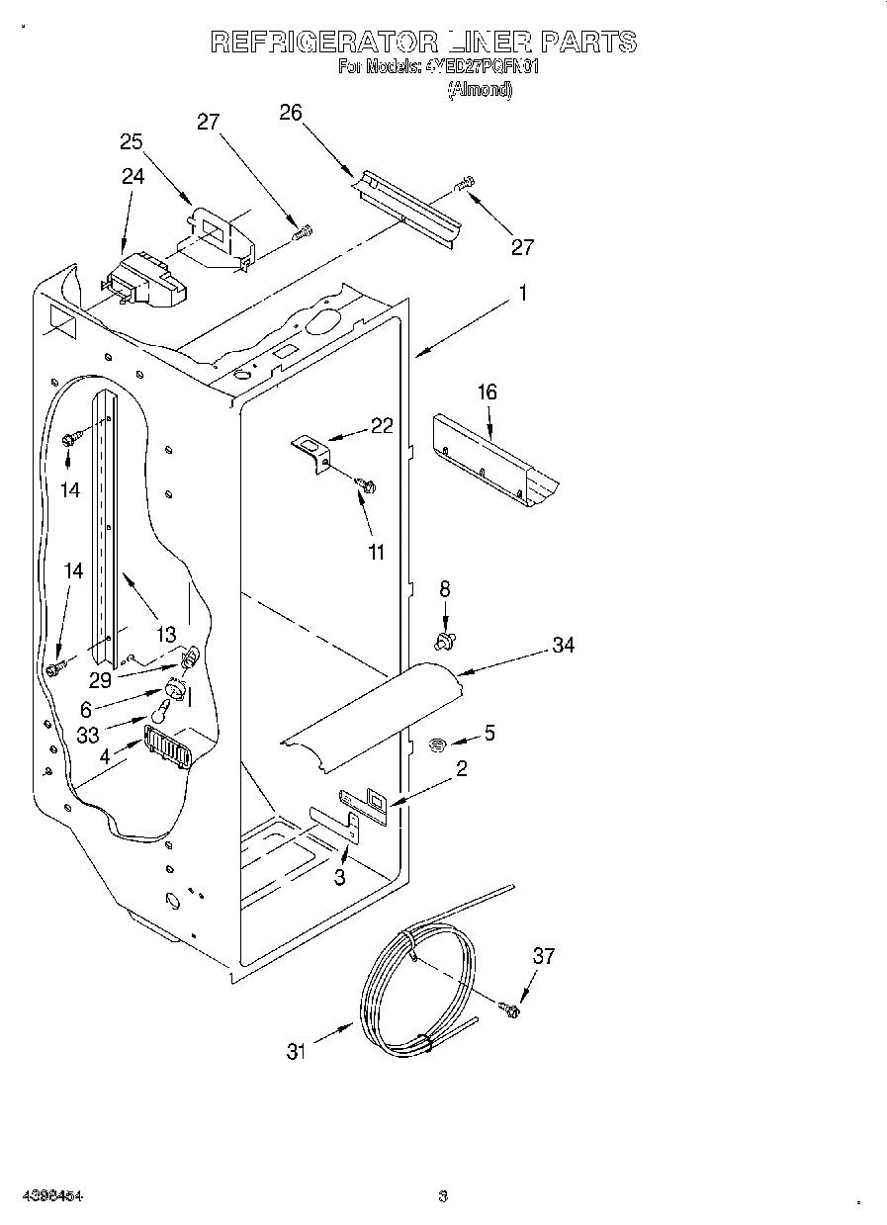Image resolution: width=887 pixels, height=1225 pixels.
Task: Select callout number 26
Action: click(x=291, y=113)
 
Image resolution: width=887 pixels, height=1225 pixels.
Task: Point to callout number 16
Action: click(x=487, y=393)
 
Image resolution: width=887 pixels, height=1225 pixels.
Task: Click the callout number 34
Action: click(x=564, y=646)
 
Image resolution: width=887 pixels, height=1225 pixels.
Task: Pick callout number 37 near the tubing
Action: click(x=544, y=955)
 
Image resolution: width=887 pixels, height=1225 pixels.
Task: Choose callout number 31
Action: click(x=297, y=1053)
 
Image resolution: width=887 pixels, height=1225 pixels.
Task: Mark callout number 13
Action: click(x=165, y=634)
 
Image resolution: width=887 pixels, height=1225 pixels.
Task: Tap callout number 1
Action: click(x=523, y=293)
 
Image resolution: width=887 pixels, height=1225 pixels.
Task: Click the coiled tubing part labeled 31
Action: click(x=415, y=989)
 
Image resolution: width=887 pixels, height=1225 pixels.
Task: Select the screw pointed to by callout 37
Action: click(x=511, y=1009)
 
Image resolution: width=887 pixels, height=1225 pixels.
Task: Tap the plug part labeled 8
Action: click(x=445, y=643)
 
